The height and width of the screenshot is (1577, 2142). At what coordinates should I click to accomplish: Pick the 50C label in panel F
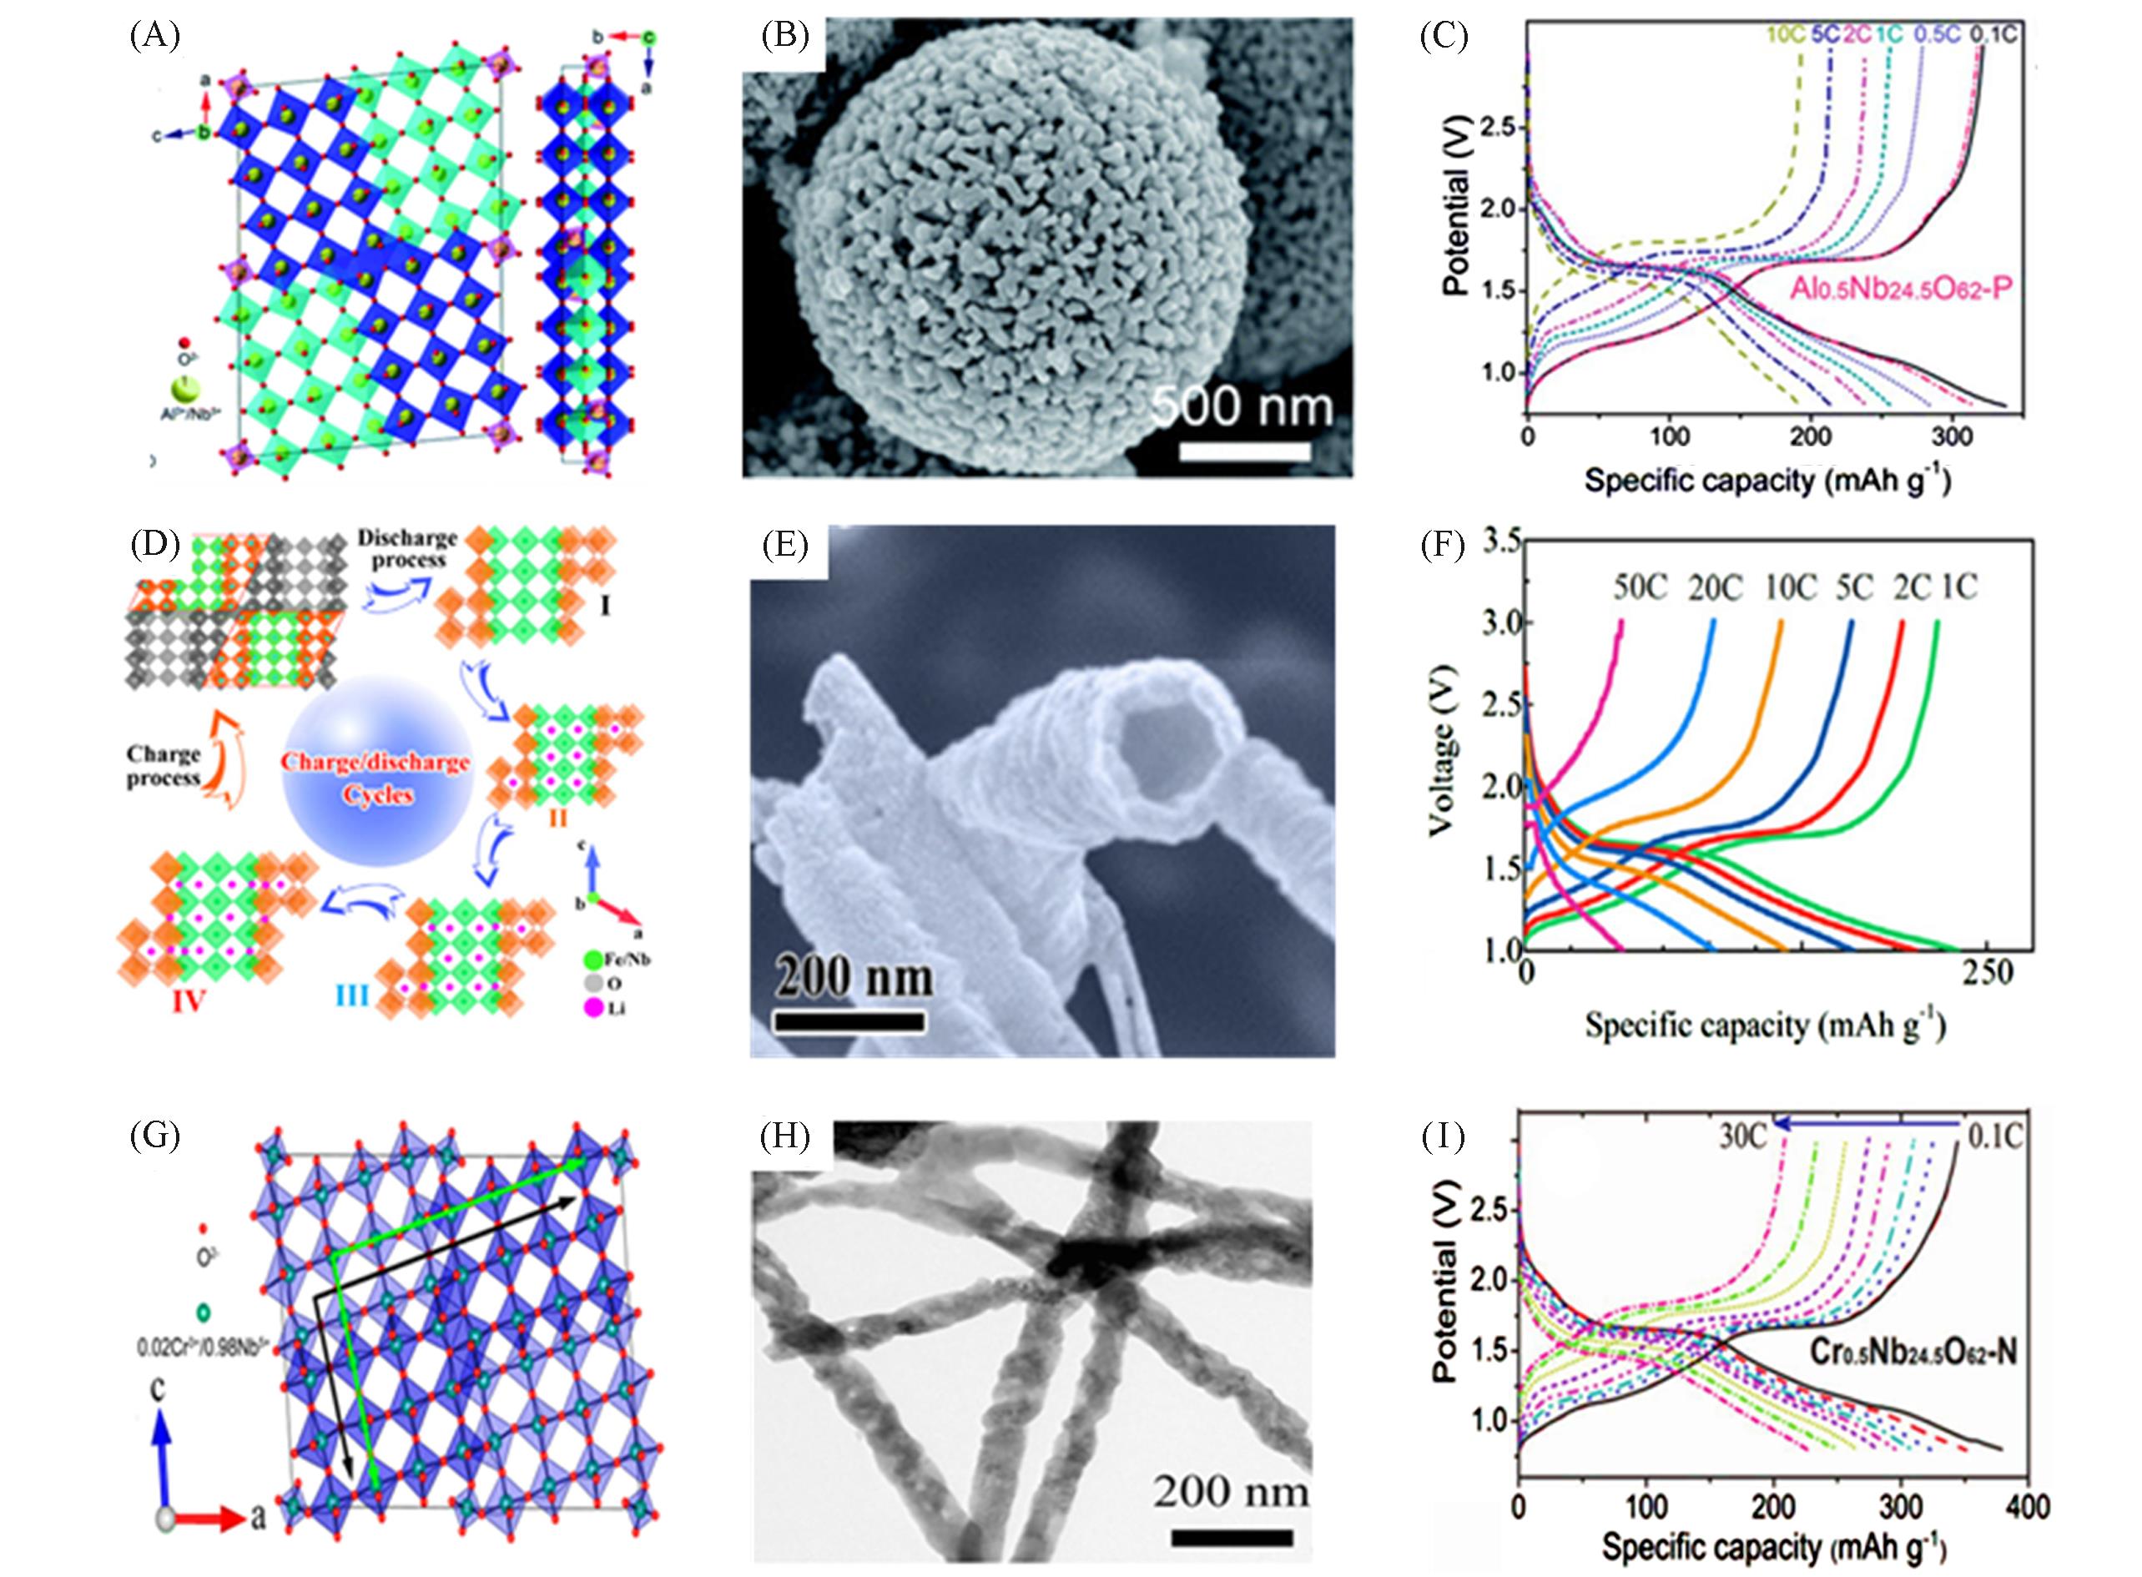click(x=1640, y=588)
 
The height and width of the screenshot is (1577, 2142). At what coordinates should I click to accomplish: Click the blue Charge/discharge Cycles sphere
click(x=377, y=770)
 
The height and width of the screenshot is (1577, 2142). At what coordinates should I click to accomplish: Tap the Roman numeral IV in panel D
click(x=188, y=1001)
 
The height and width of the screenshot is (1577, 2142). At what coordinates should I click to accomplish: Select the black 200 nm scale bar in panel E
click(x=849, y=1022)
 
